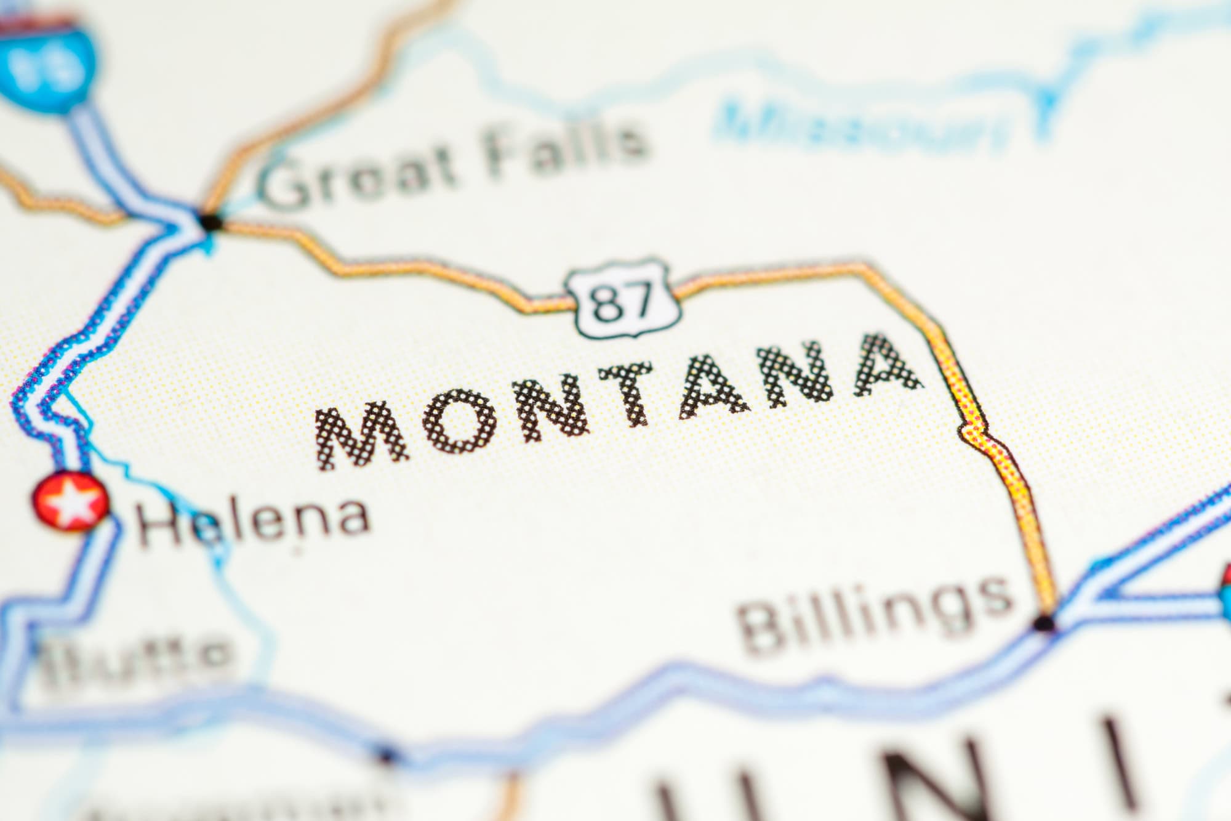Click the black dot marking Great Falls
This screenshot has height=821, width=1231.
click(x=211, y=222)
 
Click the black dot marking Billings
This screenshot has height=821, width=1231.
click(x=1044, y=624)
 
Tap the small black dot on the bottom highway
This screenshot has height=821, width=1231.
click(x=386, y=753)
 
